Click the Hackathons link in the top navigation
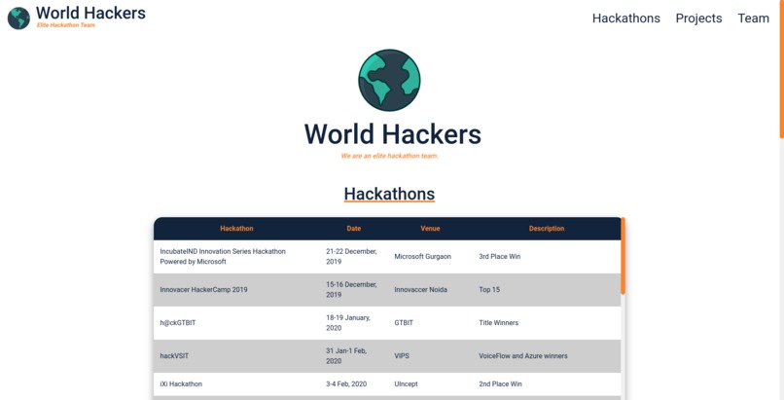[625, 18]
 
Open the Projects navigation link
[698, 18]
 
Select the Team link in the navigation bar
[753, 18]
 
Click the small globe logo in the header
[18, 18]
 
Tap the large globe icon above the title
[389, 80]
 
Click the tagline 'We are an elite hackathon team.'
[389, 156]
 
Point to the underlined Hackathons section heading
[389, 194]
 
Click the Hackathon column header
[236, 229]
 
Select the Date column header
[354, 229]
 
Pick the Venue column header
[430, 229]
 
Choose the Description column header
[547, 229]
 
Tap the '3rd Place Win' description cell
[500, 257]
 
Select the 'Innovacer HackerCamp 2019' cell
[203, 290]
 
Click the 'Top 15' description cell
[489, 290]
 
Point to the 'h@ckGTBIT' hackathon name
[178, 323]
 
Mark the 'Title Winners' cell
[498, 323]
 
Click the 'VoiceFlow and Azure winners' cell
[522, 356]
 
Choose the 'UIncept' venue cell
[408, 384]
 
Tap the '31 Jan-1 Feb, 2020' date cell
[346, 356]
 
